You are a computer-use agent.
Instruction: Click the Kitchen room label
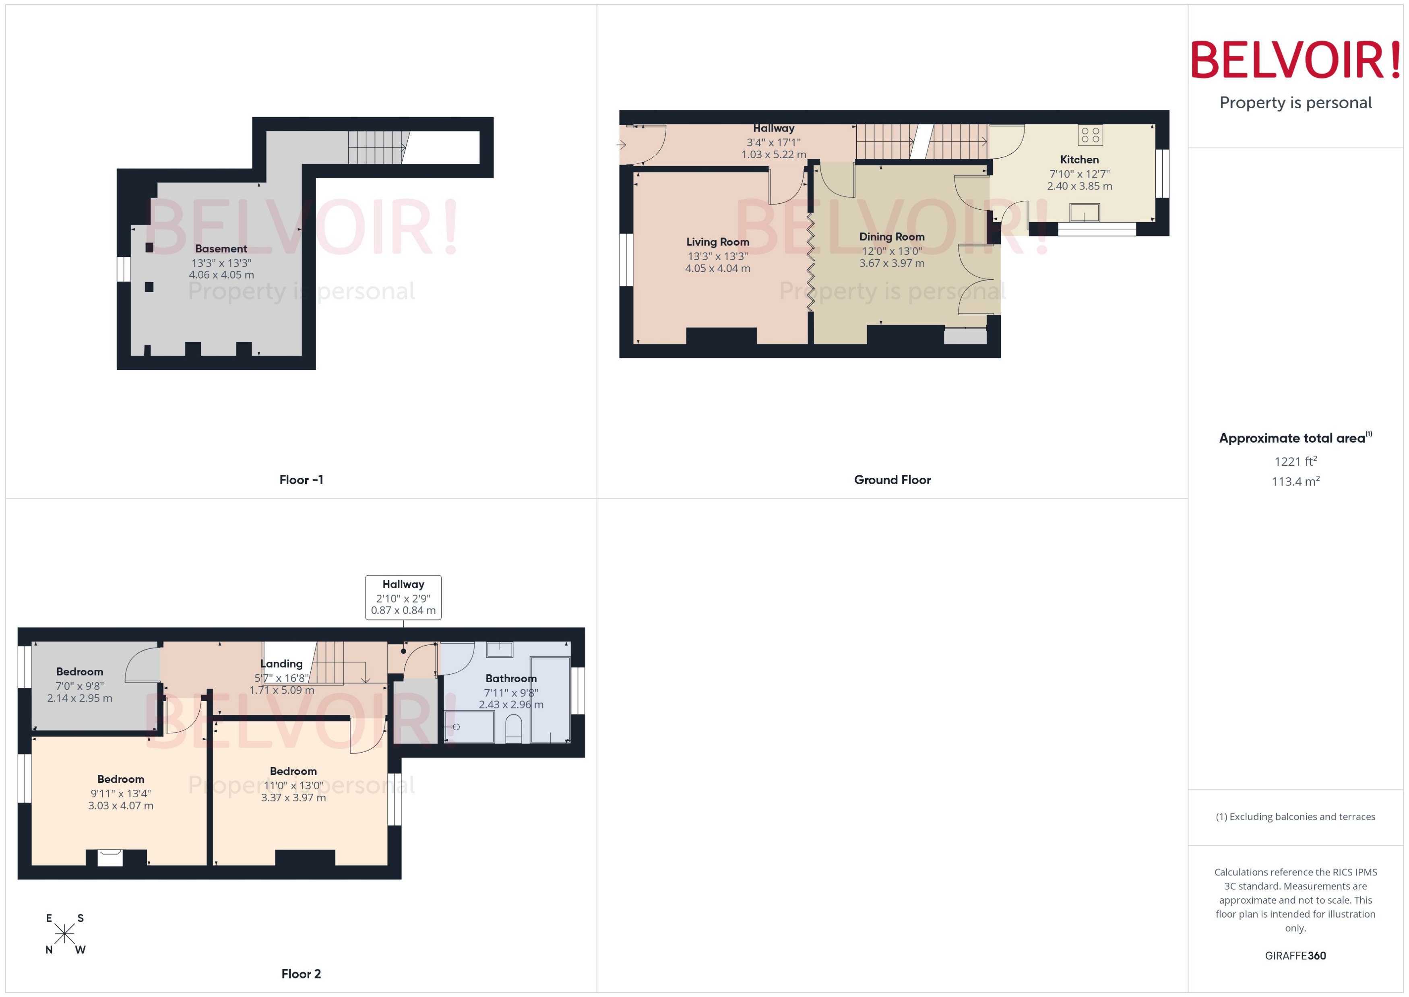(1079, 160)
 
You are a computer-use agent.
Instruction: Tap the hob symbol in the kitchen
(1090, 135)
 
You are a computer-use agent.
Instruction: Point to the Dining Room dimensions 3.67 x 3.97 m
(891, 263)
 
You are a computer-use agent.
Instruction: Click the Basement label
(221, 249)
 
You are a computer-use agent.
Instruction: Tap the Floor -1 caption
(301, 479)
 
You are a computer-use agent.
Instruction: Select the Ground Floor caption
(892, 479)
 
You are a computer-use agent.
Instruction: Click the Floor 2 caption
(301, 974)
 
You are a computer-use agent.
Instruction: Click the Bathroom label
(511, 678)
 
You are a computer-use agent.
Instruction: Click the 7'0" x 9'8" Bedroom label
(80, 672)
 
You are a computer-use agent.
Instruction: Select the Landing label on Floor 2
(281, 664)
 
